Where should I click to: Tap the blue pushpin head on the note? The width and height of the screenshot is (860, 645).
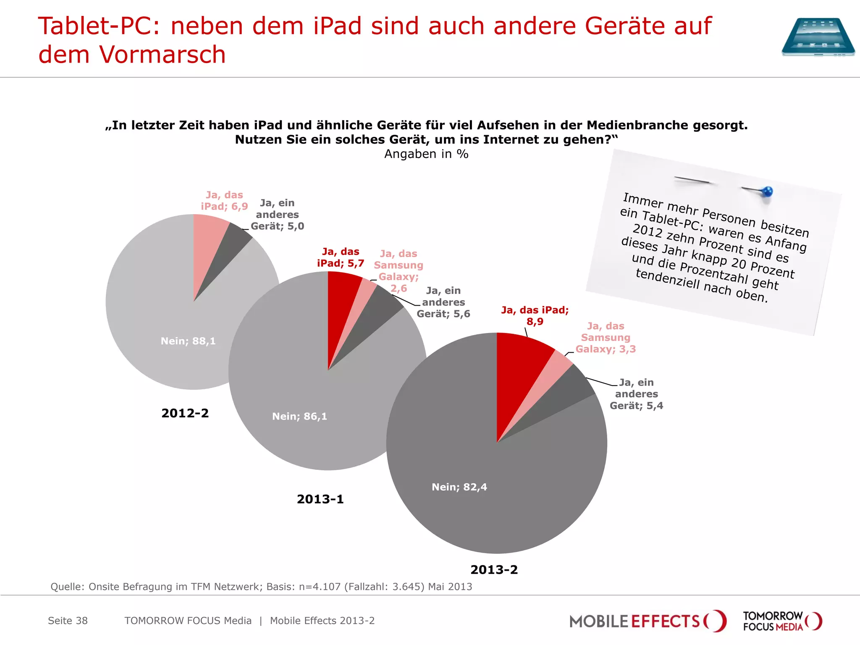(x=767, y=192)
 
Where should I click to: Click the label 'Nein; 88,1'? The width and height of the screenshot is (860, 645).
(x=188, y=341)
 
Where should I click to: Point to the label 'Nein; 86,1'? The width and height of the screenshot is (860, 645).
(x=299, y=417)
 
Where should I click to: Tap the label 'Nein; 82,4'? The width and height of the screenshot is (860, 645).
(x=459, y=487)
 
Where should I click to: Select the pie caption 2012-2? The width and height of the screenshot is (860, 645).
(x=185, y=413)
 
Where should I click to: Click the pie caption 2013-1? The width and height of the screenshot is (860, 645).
(x=320, y=499)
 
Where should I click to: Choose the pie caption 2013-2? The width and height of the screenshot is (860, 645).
(x=494, y=570)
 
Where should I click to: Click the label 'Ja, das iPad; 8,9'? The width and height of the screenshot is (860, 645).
(x=535, y=316)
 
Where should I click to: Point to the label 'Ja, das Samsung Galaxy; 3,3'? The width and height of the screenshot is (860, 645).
(x=605, y=338)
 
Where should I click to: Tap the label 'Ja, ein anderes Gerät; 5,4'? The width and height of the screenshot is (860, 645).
(x=636, y=394)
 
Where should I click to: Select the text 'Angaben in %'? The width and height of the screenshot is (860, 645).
(x=426, y=154)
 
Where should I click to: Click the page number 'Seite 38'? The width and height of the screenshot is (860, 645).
(x=68, y=621)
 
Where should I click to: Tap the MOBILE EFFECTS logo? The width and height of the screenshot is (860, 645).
(x=647, y=621)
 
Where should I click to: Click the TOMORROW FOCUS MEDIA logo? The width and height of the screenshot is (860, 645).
(x=782, y=621)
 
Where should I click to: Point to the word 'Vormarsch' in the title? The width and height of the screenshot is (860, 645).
(x=162, y=55)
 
